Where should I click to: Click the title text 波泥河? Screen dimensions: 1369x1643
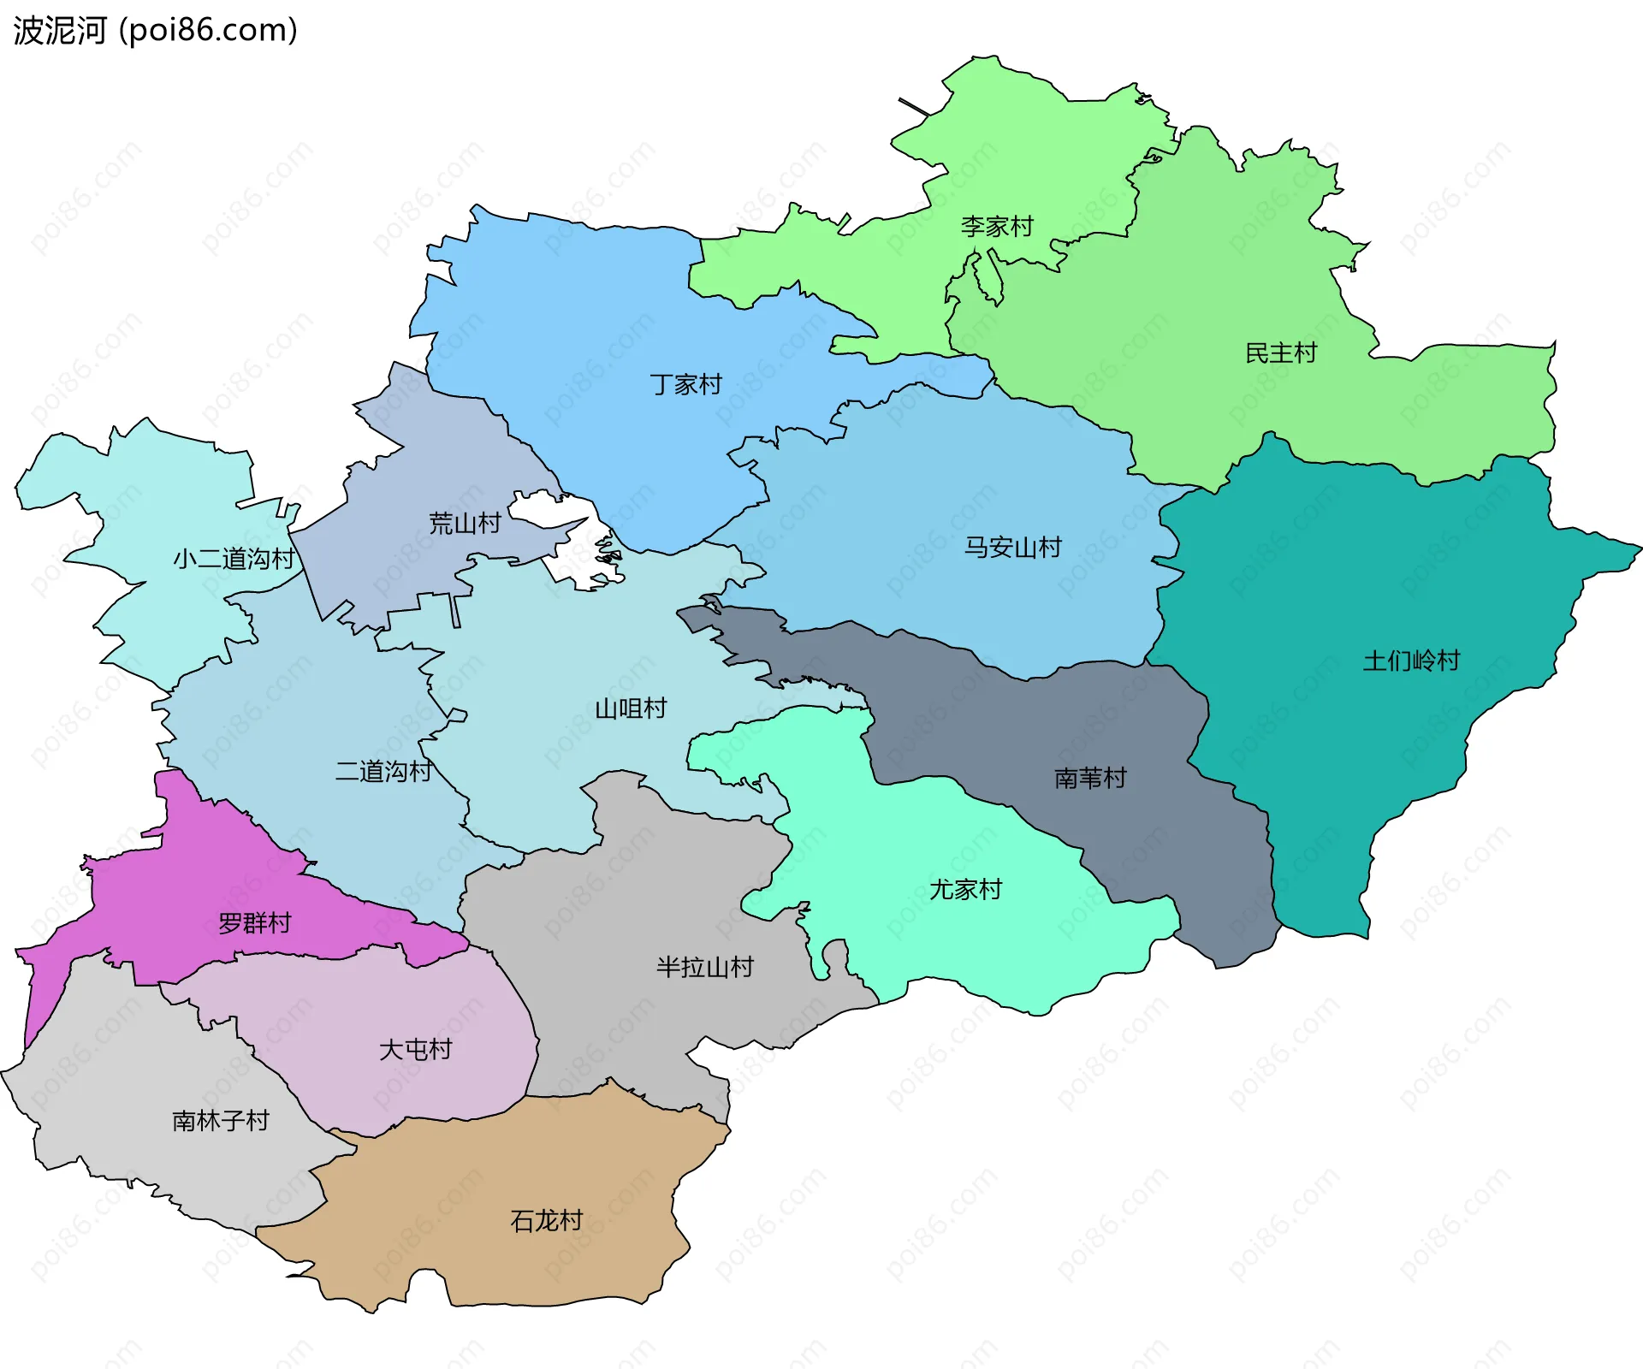pyautogui.click(x=60, y=31)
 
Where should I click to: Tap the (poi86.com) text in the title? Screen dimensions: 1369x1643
pyautogui.click(x=208, y=31)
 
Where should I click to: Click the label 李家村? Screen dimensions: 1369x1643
pyautogui.click(x=997, y=227)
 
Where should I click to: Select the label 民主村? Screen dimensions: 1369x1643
pyautogui.click(x=1281, y=353)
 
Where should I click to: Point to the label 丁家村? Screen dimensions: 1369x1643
pyautogui.click(x=686, y=384)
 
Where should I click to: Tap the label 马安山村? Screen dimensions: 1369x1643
pyautogui.click(x=1013, y=547)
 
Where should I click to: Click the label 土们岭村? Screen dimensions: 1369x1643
pyautogui.click(x=1412, y=661)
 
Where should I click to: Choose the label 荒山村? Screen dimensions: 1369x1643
pyautogui.click(x=465, y=523)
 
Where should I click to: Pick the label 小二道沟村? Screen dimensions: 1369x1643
pyautogui.click(x=234, y=559)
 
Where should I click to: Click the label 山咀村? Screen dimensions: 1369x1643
pyautogui.click(x=631, y=708)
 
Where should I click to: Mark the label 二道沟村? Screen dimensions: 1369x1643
pyautogui.click(x=383, y=771)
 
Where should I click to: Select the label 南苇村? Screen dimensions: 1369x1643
pyautogui.click(x=1090, y=778)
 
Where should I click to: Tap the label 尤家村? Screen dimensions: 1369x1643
pyautogui.click(x=966, y=890)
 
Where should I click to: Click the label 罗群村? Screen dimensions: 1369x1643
pyautogui.click(x=255, y=923)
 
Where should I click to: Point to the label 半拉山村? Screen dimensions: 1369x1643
pyautogui.click(x=705, y=968)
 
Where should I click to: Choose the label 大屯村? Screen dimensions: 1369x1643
pyautogui.click(x=416, y=1050)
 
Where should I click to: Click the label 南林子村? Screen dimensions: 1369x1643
pyautogui.click(x=221, y=1121)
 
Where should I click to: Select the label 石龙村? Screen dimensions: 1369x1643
pyautogui.click(x=547, y=1221)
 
